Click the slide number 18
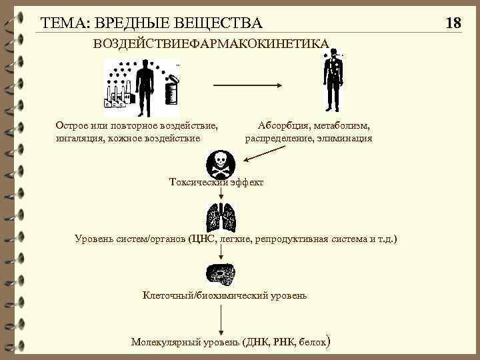(x=453, y=23)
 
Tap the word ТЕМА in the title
(x=63, y=23)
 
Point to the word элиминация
(x=346, y=139)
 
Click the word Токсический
(x=198, y=182)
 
